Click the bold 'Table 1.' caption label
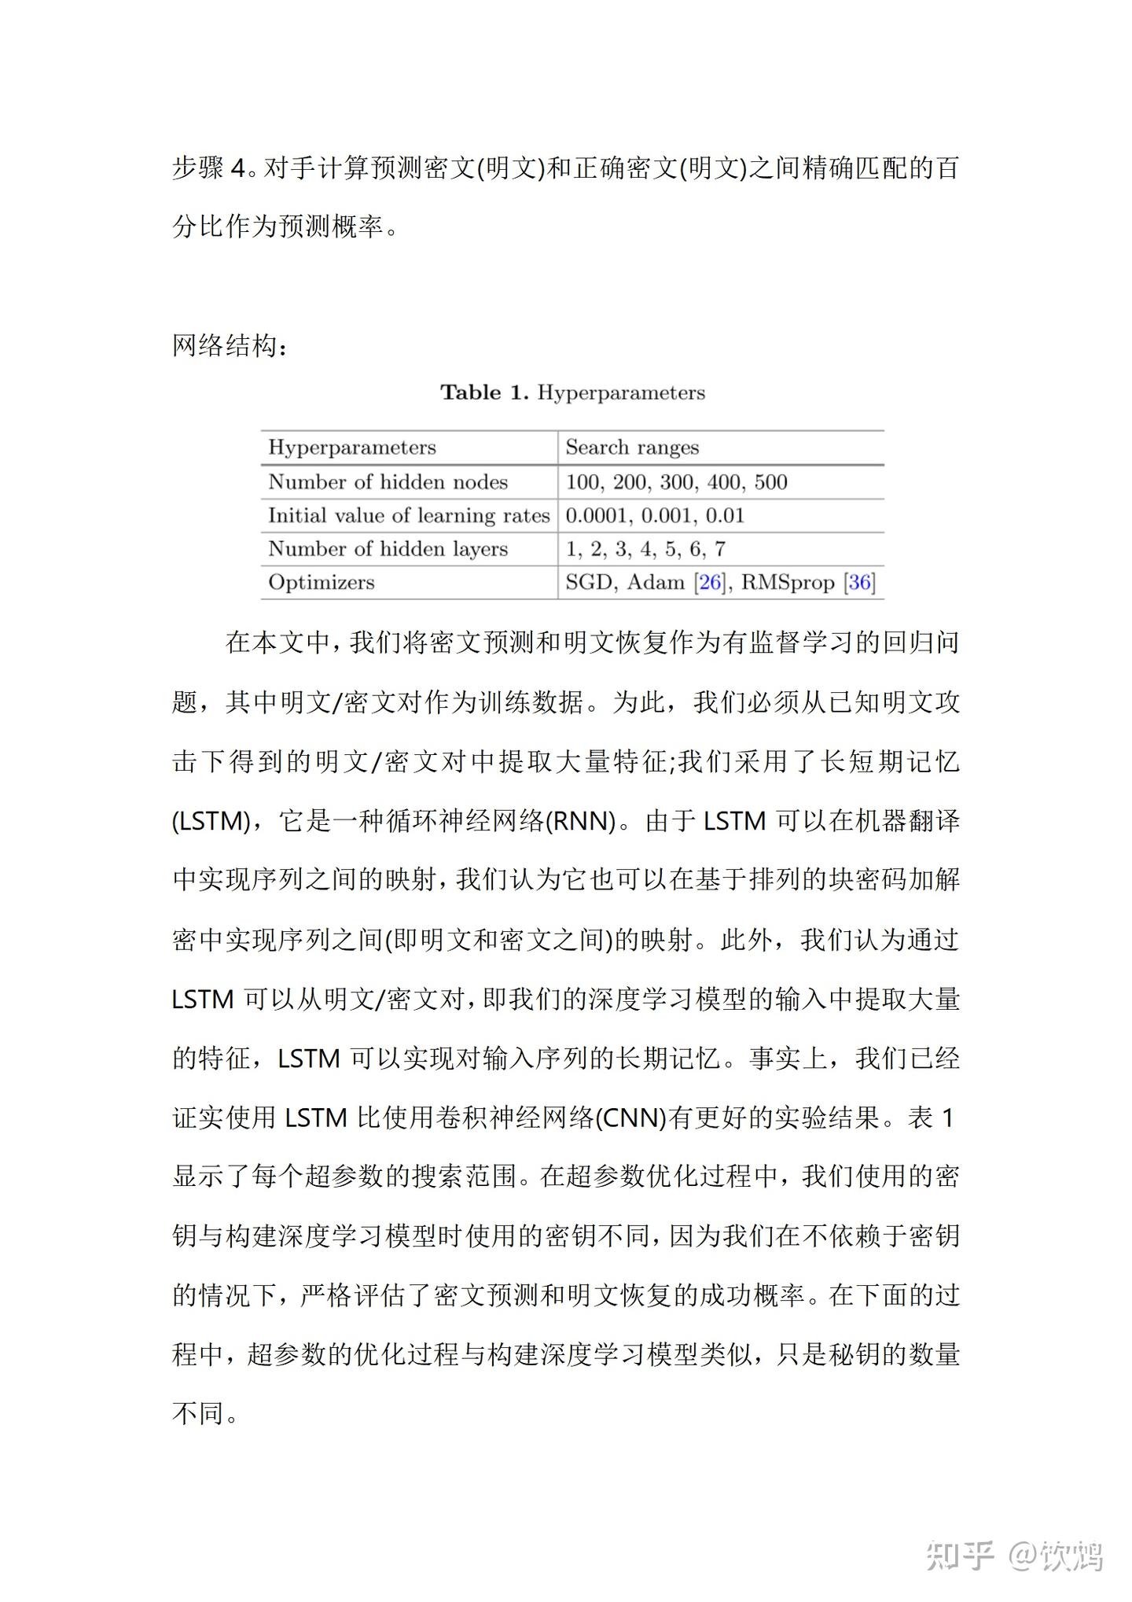(x=484, y=392)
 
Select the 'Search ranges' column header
(x=632, y=447)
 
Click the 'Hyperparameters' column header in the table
(x=351, y=447)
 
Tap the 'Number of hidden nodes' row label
(x=388, y=481)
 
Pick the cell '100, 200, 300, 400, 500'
(x=676, y=481)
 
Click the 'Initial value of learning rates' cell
(x=409, y=515)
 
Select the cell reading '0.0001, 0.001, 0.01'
(x=655, y=515)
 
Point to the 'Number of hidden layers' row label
(x=388, y=548)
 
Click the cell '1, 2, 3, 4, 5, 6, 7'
(x=645, y=548)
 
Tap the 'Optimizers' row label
(x=321, y=582)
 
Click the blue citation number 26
(x=711, y=582)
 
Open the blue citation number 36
(x=860, y=582)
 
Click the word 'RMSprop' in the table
(x=788, y=582)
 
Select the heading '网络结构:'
(x=230, y=345)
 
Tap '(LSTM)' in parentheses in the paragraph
(x=211, y=821)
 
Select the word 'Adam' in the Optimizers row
(x=656, y=582)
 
